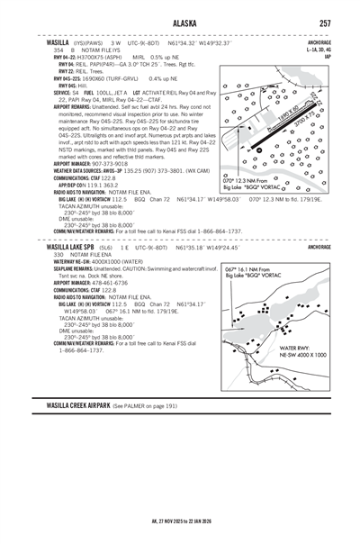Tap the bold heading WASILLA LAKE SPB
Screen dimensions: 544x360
pos(76,245)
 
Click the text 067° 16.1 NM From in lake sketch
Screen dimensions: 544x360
pos(255,268)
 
